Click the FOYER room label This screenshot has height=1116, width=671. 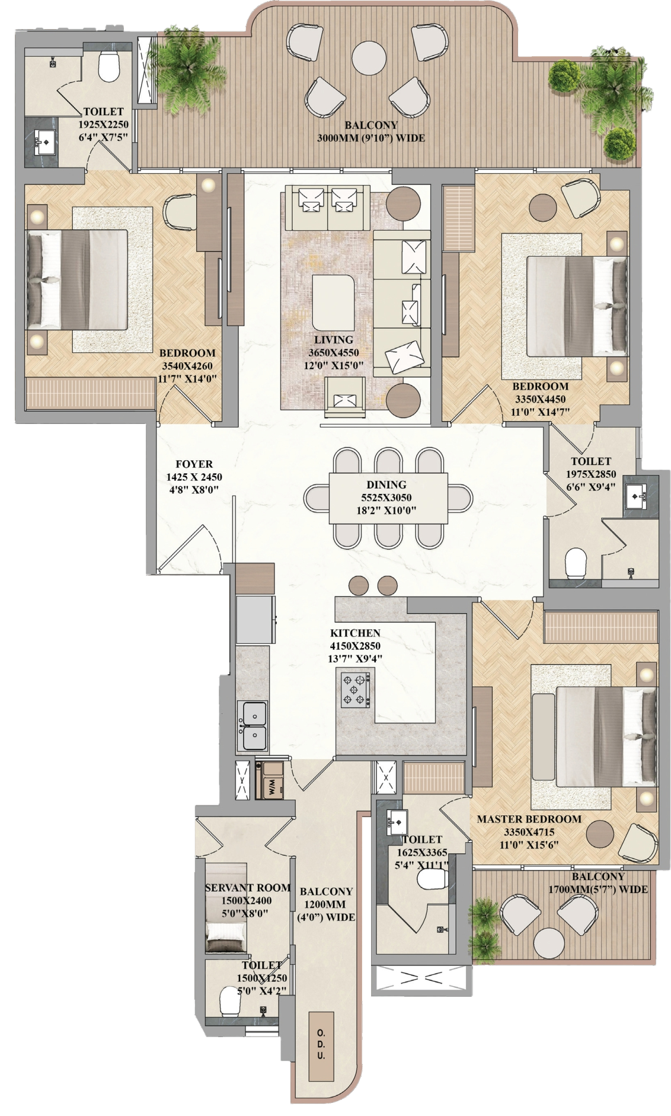pyautogui.click(x=194, y=464)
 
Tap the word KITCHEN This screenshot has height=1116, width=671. pyautogui.click(x=355, y=633)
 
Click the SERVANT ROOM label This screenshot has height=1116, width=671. pyautogui.click(x=248, y=888)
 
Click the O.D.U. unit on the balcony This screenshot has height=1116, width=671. pyautogui.click(x=321, y=1045)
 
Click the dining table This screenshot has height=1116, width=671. pyautogui.click(x=388, y=498)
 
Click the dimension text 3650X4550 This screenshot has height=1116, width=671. pyautogui.click(x=334, y=353)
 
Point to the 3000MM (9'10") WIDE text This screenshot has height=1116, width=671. pyautogui.click(x=371, y=138)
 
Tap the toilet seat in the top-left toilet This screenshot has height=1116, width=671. pyautogui.click(x=109, y=66)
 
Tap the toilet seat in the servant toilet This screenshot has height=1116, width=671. pyautogui.click(x=229, y=1001)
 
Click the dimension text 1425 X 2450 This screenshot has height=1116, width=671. pyautogui.click(x=194, y=477)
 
